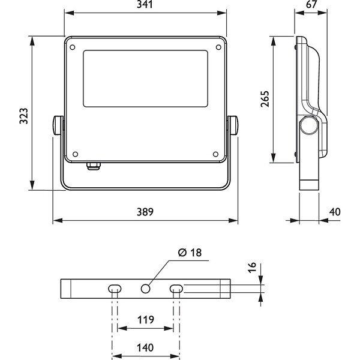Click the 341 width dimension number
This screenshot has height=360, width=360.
[x=145, y=4]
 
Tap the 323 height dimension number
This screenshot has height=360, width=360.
[x=23, y=116]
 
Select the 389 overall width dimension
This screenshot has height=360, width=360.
[x=145, y=212]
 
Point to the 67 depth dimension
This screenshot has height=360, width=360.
[x=311, y=4]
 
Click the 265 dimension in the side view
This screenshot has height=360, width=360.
[x=265, y=99]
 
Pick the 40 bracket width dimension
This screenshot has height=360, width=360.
[x=335, y=212]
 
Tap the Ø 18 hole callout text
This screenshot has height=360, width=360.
[x=190, y=253]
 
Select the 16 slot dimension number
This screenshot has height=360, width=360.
[x=252, y=268]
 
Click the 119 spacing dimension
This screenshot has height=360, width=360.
[x=146, y=320]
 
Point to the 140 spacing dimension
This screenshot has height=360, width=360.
[x=145, y=347]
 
